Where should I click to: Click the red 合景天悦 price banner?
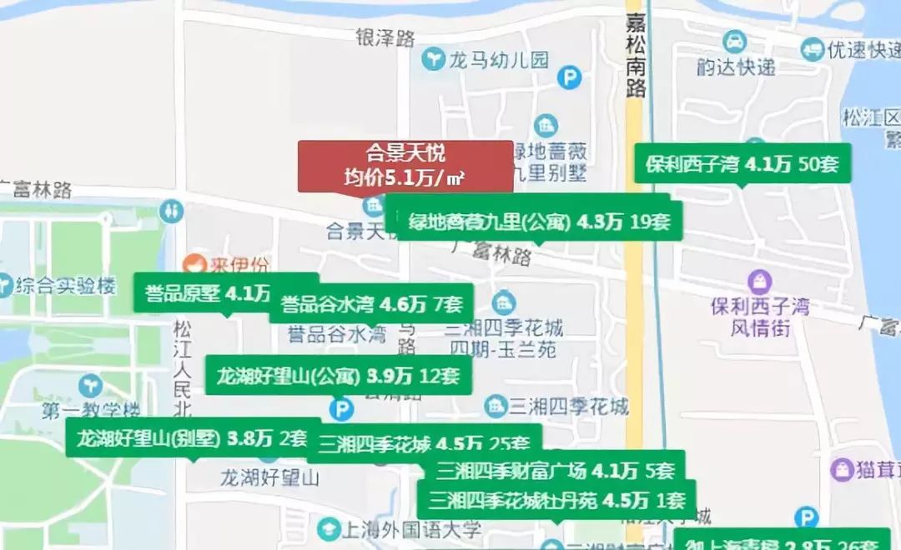click(x=405, y=166)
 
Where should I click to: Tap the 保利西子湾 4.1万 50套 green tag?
click(x=742, y=164)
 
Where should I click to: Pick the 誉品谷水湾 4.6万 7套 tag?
click(x=371, y=304)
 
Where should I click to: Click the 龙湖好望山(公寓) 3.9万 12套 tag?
click(x=338, y=376)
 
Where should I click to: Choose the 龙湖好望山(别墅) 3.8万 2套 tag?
click(x=193, y=437)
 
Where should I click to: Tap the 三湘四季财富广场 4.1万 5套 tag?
click(x=555, y=471)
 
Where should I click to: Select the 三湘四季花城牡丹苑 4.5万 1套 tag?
click(x=556, y=501)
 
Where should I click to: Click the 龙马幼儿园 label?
click(x=499, y=60)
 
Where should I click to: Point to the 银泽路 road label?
click(x=385, y=37)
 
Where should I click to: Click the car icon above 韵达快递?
click(x=735, y=41)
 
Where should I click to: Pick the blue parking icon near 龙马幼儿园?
click(x=570, y=77)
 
